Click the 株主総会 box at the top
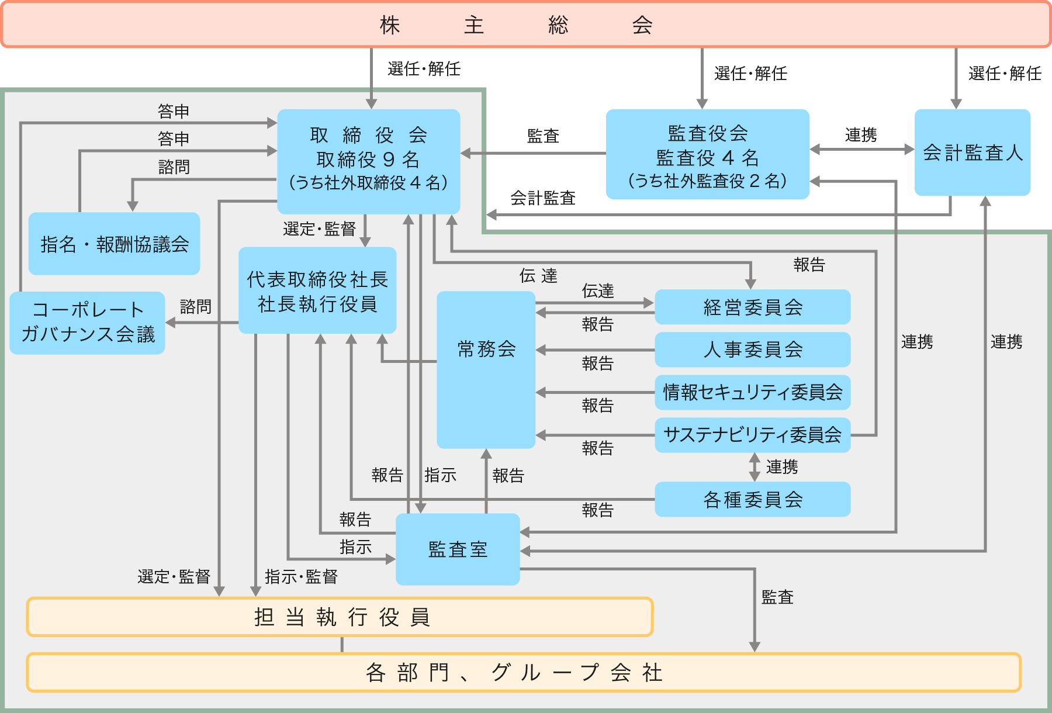(x=526, y=25)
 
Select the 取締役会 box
(x=368, y=160)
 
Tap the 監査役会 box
(x=707, y=154)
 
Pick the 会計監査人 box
(x=972, y=153)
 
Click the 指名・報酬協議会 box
(x=114, y=244)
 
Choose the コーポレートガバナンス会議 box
(x=88, y=323)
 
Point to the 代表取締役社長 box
(x=317, y=290)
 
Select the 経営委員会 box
(x=752, y=307)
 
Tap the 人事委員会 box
(x=752, y=349)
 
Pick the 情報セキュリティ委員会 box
(x=752, y=392)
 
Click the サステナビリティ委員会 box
(x=752, y=435)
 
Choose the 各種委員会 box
(x=752, y=500)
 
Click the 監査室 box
(x=458, y=549)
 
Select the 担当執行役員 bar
(x=340, y=617)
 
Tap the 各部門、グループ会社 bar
(x=524, y=672)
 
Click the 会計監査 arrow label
(x=543, y=199)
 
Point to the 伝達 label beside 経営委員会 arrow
(x=597, y=291)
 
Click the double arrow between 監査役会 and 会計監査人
(x=861, y=150)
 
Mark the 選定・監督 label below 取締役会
(x=319, y=229)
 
